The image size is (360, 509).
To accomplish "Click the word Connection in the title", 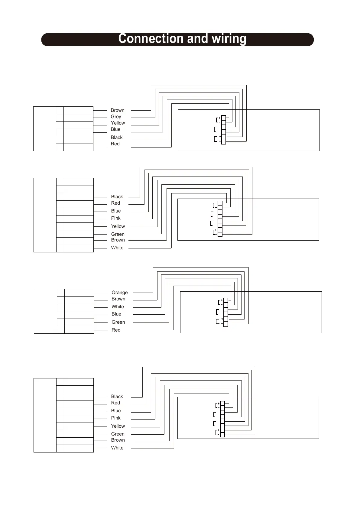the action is (151, 39).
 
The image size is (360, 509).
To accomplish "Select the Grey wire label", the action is (116, 117).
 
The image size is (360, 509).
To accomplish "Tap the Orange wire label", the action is (119, 293).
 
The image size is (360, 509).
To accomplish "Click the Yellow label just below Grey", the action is (118, 123).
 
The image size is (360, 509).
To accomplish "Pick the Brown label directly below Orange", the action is (118, 299).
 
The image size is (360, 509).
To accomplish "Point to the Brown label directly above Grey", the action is (117, 110).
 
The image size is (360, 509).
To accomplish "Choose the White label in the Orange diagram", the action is (118, 307).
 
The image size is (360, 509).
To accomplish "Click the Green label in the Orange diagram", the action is (118, 322).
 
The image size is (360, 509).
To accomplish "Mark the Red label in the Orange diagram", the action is (116, 330).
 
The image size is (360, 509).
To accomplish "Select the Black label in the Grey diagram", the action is (116, 138).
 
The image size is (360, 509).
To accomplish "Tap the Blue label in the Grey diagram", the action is (115, 129).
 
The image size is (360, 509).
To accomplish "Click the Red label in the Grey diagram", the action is (115, 144).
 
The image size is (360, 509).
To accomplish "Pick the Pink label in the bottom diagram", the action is (115, 418).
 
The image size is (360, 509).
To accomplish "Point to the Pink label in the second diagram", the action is (115, 218).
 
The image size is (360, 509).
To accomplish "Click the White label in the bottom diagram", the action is (117, 448).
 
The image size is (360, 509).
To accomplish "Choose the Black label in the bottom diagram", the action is (117, 397).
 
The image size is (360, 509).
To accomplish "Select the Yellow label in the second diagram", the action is (118, 226).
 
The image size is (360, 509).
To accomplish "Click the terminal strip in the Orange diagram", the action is (226, 312).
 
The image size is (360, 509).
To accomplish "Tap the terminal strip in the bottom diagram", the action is (222, 419).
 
